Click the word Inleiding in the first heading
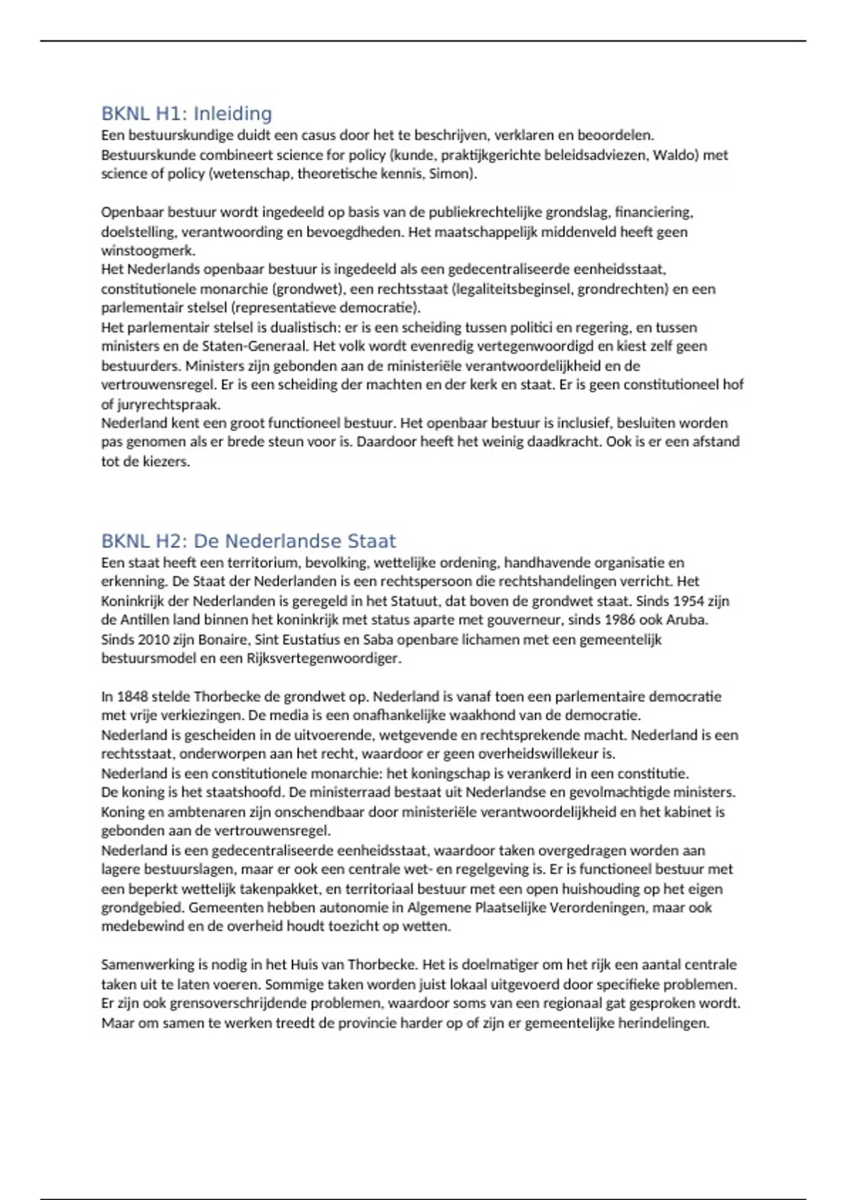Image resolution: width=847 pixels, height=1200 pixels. (x=232, y=114)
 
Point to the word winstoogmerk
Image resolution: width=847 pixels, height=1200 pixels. (x=148, y=251)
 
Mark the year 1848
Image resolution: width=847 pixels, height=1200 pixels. (x=133, y=697)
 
